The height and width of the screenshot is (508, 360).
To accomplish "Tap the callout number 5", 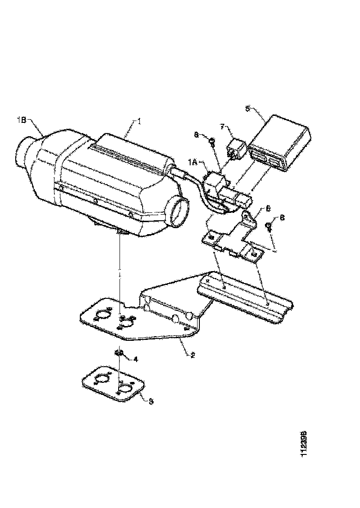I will (x=247, y=109).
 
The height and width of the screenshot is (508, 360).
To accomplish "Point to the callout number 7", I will (x=222, y=126).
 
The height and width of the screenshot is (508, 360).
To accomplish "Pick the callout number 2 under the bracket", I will (x=192, y=355).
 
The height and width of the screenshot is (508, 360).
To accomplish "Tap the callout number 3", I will (x=150, y=401).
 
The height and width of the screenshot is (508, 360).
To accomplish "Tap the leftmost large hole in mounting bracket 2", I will (x=101, y=316).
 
